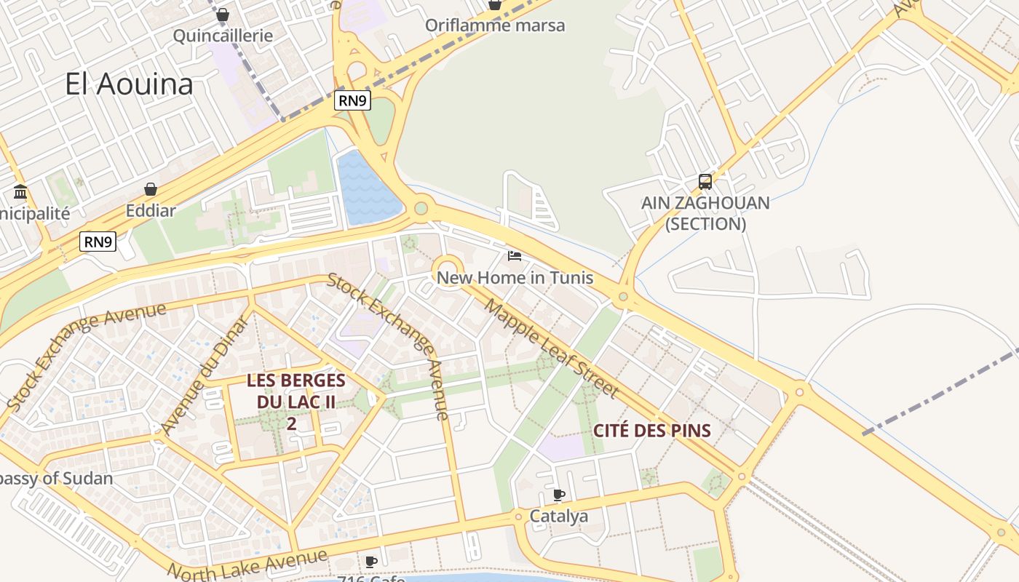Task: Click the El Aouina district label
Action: click(129, 84)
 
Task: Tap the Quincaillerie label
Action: click(223, 36)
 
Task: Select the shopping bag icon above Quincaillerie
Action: click(223, 15)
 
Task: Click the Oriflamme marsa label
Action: click(495, 25)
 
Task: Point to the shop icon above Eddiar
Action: click(151, 190)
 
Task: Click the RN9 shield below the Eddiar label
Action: click(98, 242)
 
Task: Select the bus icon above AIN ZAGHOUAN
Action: click(705, 181)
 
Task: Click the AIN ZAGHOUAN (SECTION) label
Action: click(705, 213)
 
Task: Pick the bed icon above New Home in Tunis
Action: click(515, 256)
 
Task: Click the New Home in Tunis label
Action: click(515, 278)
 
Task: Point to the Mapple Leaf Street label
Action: click(551, 350)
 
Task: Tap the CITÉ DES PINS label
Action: click(651, 430)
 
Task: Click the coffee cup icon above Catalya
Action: click(558, 495)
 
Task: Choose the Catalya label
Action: click(558, 517)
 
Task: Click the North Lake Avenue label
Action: click(247, 565)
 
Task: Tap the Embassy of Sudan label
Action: click(55, 479)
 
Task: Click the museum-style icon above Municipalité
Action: click(20, 193)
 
